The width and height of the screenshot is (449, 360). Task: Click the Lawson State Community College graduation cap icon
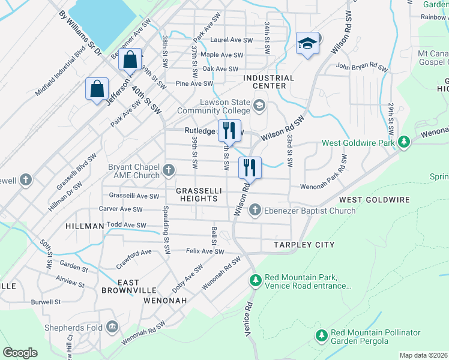point(259,106)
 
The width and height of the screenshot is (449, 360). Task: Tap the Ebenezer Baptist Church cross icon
point(255,210)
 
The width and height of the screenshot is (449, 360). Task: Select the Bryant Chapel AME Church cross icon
point(169,172)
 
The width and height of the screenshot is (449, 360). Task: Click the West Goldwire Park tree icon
point(405,142)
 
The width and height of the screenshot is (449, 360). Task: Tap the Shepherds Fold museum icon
point(112,327)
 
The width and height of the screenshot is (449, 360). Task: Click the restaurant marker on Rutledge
point(229,130)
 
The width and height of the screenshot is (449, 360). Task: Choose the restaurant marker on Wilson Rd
point(250,167)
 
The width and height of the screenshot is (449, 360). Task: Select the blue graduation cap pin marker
point(307,43)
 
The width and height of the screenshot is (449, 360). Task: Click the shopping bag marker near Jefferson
point(97,89)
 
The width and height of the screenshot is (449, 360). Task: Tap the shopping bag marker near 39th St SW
point(130,60)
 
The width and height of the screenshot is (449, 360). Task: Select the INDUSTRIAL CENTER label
point(268,82)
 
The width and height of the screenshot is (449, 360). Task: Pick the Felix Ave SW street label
point(205,252)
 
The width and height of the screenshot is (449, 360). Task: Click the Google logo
point(20,353)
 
